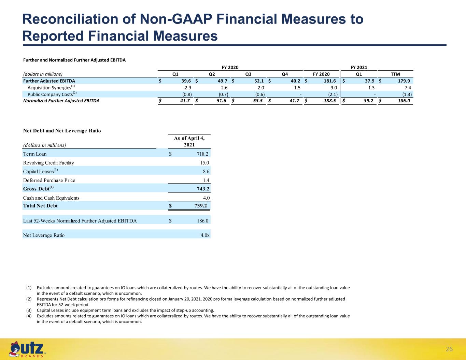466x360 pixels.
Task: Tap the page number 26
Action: (449, 349)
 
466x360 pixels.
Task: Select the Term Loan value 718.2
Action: (202, 154)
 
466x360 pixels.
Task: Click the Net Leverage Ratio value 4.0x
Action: (205, 235)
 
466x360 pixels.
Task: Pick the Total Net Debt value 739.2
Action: (201, 206)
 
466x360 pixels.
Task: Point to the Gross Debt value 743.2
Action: (203, 189)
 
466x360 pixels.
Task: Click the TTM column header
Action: (395, 74)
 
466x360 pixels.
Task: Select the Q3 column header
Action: (248, 74)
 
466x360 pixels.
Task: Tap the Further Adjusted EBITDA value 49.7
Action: (223, 81)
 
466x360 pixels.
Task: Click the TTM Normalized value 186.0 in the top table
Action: (404, 101)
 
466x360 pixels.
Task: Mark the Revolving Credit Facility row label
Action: (48, 163)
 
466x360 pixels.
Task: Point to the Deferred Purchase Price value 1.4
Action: (206, 181)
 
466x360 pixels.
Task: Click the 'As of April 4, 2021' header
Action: (189, 141)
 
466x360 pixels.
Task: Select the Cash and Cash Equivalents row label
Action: (51, 198)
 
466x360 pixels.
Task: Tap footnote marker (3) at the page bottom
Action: (29, 310)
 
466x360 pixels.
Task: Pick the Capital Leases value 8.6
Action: (206, 172)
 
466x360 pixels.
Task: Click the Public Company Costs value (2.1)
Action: (333, 94)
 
